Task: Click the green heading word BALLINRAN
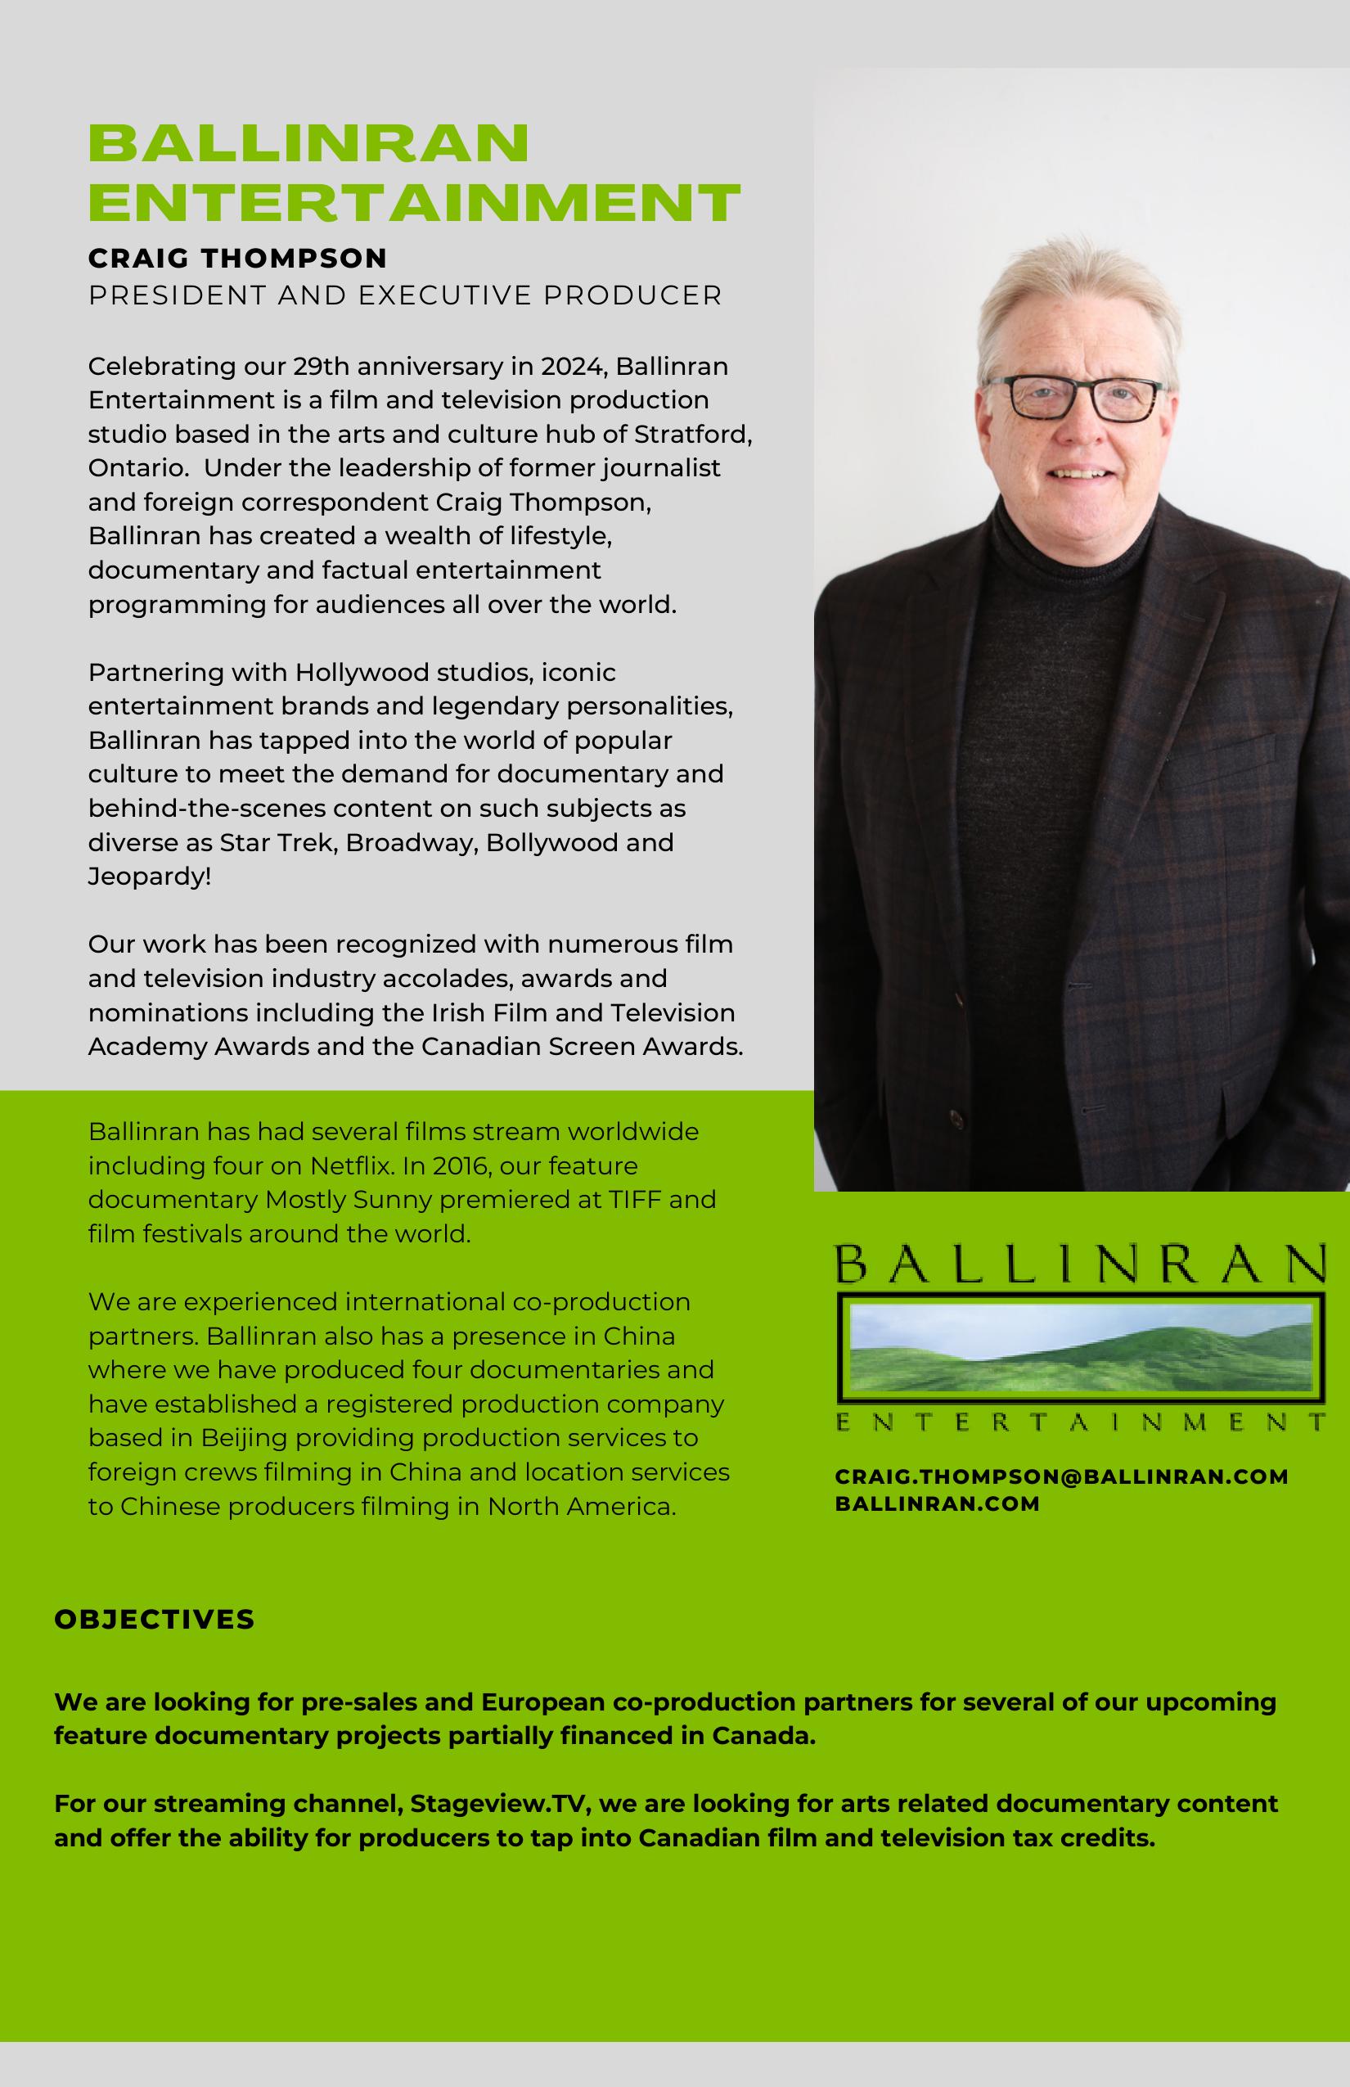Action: pyautogui.click(x=308, y=142)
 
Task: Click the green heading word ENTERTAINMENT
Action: pyautogui.click(x=414, y=203)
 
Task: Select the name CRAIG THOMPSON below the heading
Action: pyautogui.click(x=237, y=259)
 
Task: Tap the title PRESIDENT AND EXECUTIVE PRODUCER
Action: pyautogui.click(x=405, y=295)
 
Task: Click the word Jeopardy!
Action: pyautogui.click(x=149, y=876)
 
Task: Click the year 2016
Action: pyautogui.click(x=462, y=1165)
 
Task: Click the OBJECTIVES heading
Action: pyautogui.click(x=155, y=1619)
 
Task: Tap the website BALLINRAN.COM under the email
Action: pyautogui.click(x=937, y=1504)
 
